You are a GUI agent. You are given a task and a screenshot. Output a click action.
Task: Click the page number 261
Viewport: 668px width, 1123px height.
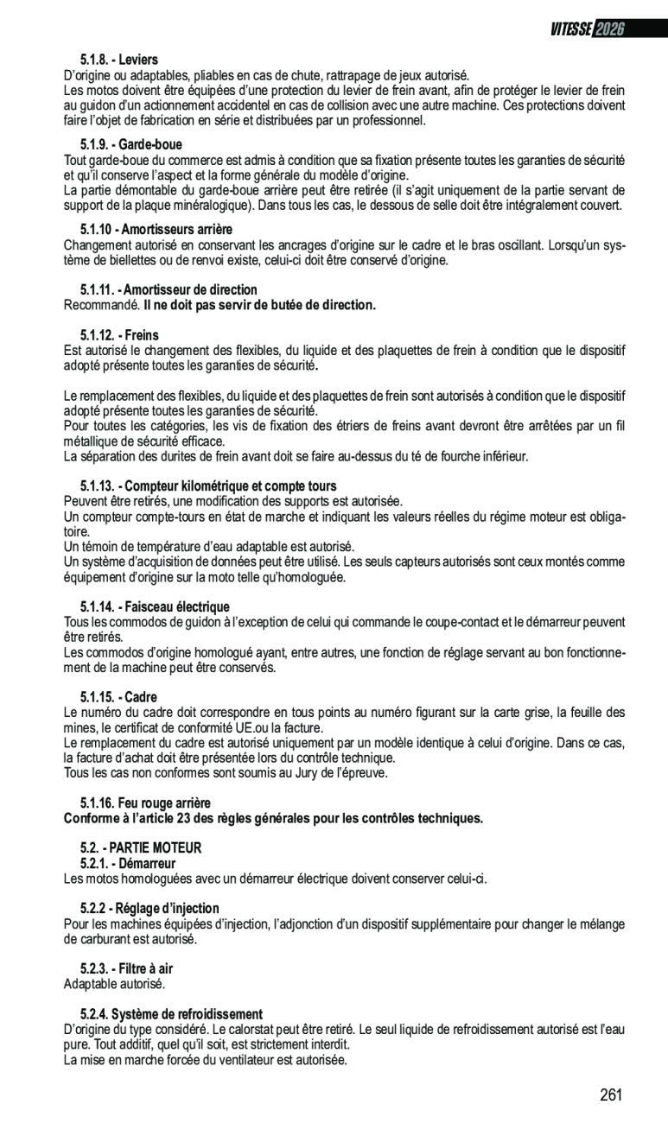[x=611, y=1095]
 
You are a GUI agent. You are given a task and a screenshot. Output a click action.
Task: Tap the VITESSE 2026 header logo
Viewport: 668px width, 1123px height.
[x=587, y=29]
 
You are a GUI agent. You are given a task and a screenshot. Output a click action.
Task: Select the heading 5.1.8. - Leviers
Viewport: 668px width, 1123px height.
[x=119, y=60]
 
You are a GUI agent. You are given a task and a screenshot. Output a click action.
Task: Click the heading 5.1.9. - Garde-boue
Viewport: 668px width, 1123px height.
[x=131, y=144]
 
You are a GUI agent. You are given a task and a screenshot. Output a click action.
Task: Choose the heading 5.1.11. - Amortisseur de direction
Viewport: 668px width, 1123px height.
[x=169, y=289]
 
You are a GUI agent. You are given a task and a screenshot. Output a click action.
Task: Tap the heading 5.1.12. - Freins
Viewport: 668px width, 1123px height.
[x=119, y=334]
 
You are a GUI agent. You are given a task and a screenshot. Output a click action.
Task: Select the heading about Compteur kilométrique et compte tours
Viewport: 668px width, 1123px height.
[x=208, y=486]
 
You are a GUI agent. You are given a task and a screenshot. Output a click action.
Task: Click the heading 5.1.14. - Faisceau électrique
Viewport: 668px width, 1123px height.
[x=155, y=607]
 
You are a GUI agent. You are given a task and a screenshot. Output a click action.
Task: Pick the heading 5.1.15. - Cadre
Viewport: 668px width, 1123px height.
[x=118, y=697]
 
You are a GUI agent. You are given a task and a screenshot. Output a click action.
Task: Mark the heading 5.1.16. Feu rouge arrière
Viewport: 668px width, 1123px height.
[x=145, y=803]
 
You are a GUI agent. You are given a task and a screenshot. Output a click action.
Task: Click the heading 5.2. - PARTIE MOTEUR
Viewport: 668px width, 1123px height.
[x=141, y=848]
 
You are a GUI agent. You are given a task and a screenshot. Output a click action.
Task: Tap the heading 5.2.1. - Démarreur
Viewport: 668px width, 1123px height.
[x=128, y=864]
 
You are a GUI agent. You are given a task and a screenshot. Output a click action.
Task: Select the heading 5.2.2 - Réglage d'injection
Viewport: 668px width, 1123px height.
[x=150, y=908]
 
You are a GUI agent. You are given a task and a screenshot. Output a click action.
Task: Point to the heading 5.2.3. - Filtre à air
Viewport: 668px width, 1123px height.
[x=126, y=968]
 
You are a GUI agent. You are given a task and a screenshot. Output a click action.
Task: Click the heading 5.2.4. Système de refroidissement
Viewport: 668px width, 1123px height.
[x=171, y=1014]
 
